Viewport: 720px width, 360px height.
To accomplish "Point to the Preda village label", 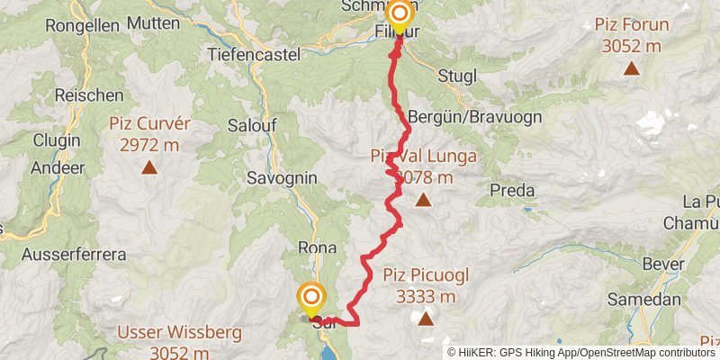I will (x=512, y=190).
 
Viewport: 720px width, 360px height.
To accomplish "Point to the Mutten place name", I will (x=153, y=22).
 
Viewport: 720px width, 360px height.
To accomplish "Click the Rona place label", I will (x=317, y=247).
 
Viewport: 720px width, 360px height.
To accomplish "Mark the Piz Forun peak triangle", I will (x=632, y=67).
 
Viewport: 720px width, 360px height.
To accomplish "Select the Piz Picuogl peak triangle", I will (x=424, y=319).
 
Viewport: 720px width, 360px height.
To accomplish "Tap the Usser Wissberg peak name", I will (x=180, y=333).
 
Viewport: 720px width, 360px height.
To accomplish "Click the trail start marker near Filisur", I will (x=399, y=16).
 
